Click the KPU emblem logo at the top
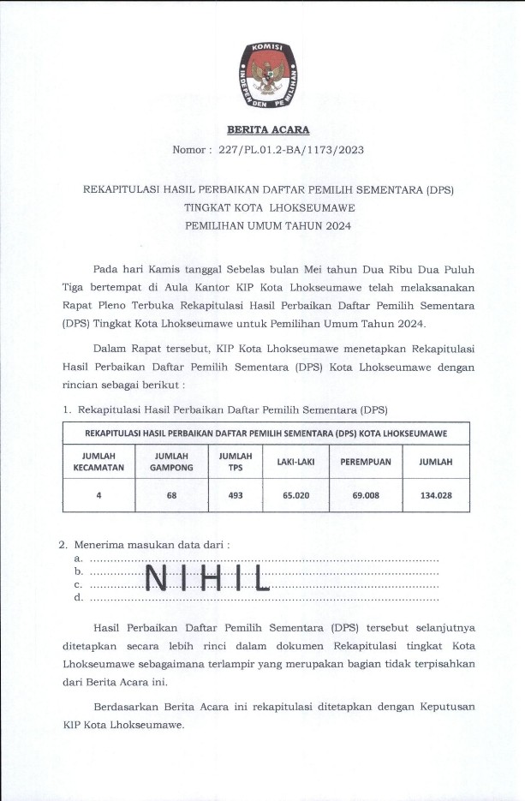(268, 71)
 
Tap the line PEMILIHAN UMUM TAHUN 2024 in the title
(268, 226)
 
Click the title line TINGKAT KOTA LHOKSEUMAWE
(268, 207)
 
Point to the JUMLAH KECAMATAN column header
(99, 462)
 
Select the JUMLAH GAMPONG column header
(171, 462)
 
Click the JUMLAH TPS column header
(236, 462)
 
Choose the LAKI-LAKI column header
(295, 462)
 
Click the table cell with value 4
(99, 495)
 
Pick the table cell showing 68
(171, 495)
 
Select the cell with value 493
(236, 495)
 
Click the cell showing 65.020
(295, 495)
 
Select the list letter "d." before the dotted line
(79, 598)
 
